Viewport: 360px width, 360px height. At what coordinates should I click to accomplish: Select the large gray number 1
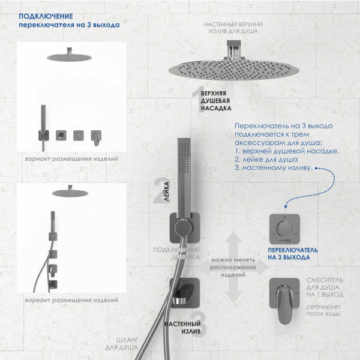196,94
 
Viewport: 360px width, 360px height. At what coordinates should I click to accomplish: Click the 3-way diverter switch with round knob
285,227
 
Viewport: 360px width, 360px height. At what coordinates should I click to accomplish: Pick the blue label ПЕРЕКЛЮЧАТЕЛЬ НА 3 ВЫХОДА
289,253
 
